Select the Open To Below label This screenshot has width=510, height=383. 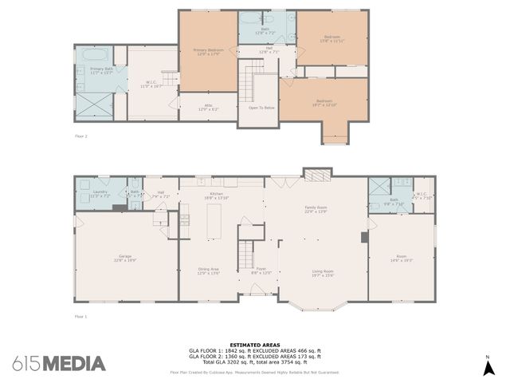261,108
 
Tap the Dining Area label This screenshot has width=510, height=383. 208,270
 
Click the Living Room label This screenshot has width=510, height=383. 323,273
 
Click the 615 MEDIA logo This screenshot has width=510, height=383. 58,364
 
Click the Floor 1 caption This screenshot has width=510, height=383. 80,317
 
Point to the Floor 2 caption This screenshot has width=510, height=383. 80,136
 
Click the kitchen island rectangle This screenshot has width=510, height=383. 213,222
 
